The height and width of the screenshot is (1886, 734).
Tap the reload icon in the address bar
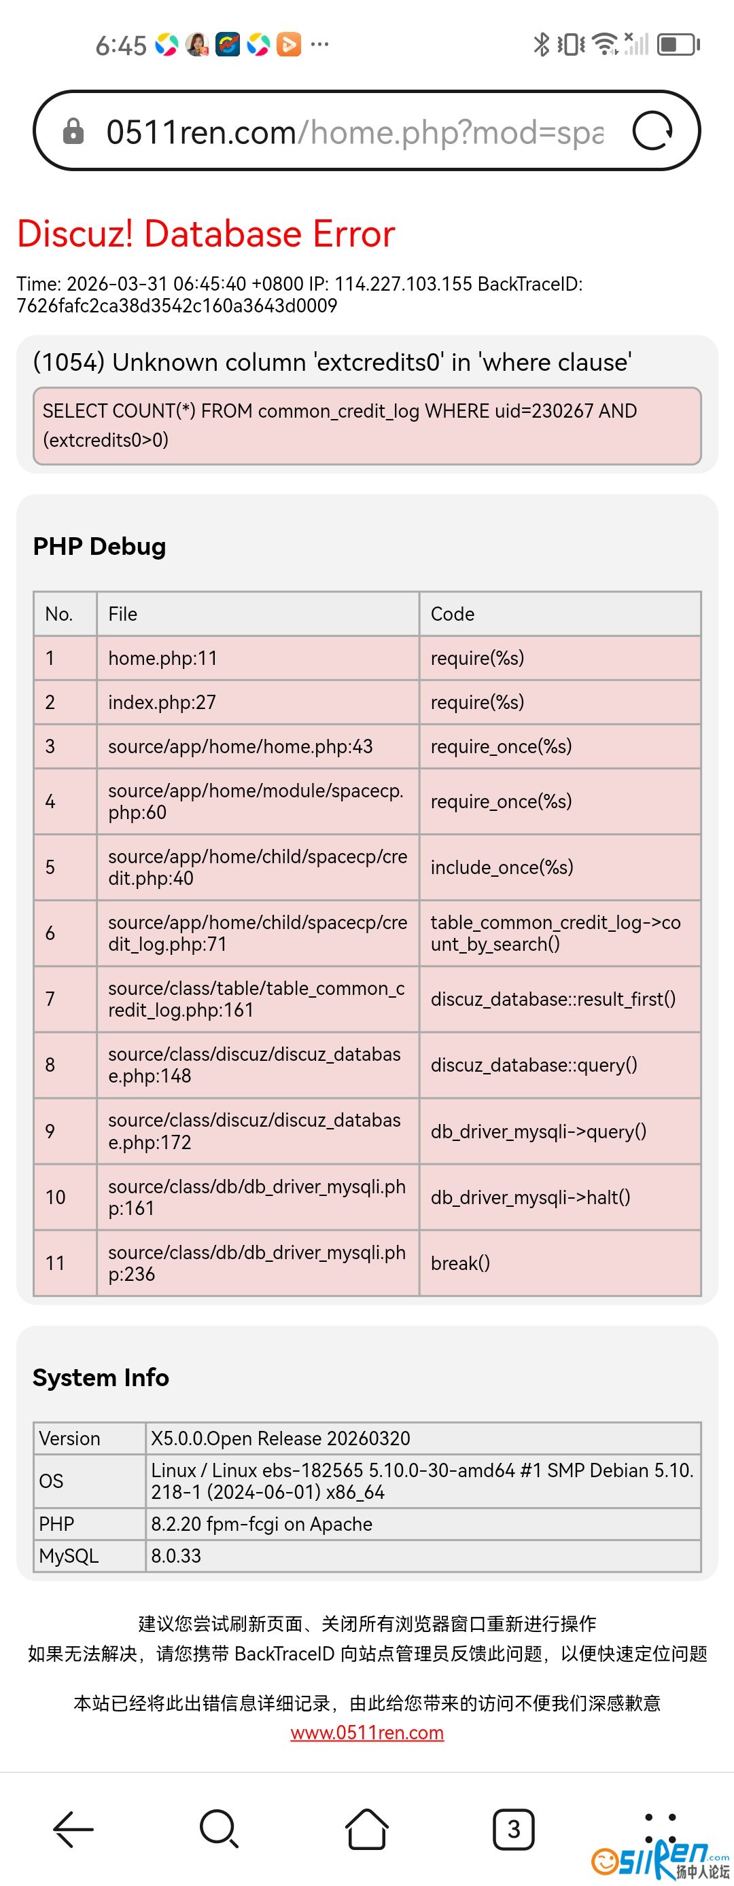point(652,131)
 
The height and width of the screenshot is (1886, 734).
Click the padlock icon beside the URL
point(73,131)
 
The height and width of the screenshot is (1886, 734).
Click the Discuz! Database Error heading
point(206,234)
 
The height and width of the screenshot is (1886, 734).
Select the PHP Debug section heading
point(100,546)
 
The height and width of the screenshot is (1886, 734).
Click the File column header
point(123,613)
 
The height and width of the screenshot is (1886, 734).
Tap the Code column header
point(453,613)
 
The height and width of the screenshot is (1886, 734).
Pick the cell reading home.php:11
point(162,658)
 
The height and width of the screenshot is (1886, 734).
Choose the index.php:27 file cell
point(162,702)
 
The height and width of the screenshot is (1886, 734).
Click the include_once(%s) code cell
point(502,867)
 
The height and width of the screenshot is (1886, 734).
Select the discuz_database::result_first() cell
point(553,1000)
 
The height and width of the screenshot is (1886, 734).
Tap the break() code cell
point(460,1263)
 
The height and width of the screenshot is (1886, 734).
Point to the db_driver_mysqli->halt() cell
point(530,1197)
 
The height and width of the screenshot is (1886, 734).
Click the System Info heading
point(101,1378)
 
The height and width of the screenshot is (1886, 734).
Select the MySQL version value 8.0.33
point(176,1556)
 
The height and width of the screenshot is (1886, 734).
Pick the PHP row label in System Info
point(56,1523)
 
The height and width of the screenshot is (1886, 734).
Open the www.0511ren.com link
point(367,1733)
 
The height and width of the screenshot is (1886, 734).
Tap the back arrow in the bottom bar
point(73,1829)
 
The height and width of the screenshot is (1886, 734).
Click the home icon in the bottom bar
point(367,1828)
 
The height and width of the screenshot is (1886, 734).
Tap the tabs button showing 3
point(514,1829)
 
